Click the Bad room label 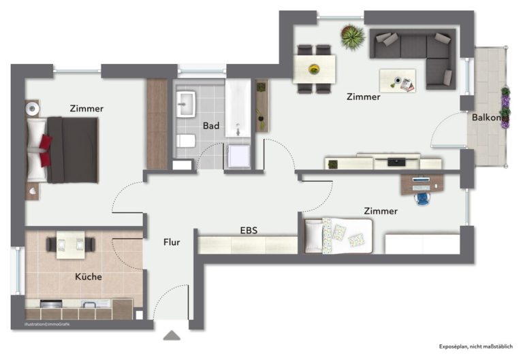(x=211, y=126)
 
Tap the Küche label (x=89, y=276)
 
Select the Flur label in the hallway (x=172, y=242)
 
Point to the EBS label (x=249, y=230)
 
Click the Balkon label (x=486, y=117)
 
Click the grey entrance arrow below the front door (x=172, y=336)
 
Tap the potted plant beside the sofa (x=353, y=37)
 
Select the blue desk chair (x=423, y=198)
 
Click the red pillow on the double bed (x=45, y=150)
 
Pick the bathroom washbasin (x=186, y=104)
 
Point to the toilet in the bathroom (x=185, y=141)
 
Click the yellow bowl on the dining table (x=314, y=69)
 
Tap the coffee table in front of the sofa (x=398, y=81)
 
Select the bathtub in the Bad (x=238, y=108)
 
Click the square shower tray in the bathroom (x=239, y=157)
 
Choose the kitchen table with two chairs (x=71, y=245)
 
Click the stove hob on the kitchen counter (x=51, y=304)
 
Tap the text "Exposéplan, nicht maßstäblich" (x=475, y=346)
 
